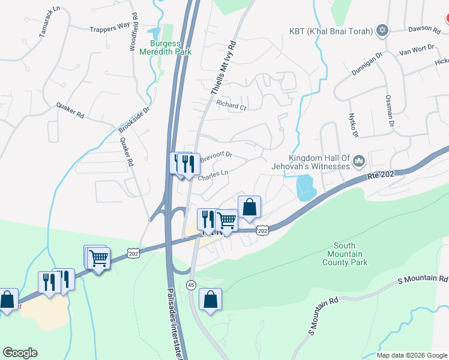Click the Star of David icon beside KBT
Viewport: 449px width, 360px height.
(382, 31)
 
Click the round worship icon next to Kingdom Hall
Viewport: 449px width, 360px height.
(360, 161)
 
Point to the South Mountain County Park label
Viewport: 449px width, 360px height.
(345, 254)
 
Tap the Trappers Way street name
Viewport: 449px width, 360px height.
(110, 27)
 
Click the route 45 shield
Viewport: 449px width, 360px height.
(191, 284)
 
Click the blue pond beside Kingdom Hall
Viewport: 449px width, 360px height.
(305, 187)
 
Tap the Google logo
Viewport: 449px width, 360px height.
(20, 353)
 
